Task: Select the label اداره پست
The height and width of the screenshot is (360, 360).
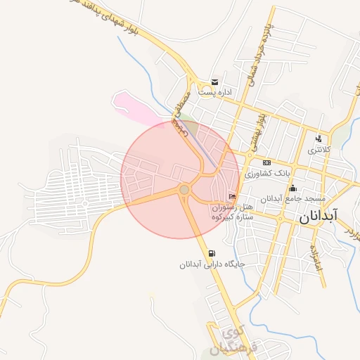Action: [216, 92]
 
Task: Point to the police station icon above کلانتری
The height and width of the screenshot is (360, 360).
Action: [319, 139]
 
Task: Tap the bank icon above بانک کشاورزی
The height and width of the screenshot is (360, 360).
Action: [266, 162]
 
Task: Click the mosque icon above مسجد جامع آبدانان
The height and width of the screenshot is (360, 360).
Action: [292, 188]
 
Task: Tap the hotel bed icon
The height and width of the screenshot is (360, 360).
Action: [232, 196]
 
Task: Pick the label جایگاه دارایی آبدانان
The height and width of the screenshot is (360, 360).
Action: [211, 265]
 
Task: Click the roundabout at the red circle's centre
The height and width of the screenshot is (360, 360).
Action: [184, 189]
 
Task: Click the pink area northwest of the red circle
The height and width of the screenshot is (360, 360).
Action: [138, 105]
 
